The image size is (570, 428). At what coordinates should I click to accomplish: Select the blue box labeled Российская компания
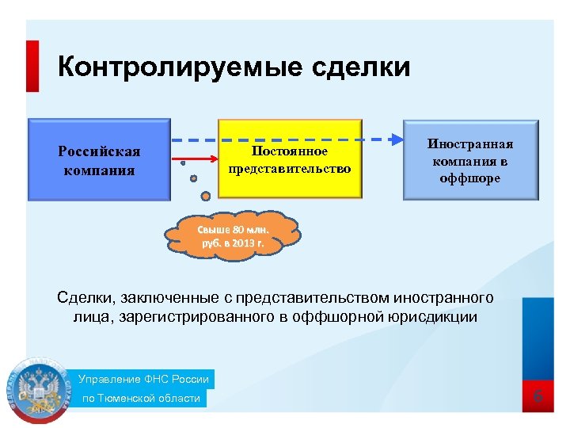click(x=100, y=159)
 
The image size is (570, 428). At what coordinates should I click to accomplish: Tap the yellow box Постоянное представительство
click(x=289, y=159)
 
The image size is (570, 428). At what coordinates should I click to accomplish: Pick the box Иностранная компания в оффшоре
click(x=470, y=160)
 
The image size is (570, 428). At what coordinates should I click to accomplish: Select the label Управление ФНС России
click(x=143, y=380)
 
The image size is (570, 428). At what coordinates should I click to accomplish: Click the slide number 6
click(x=538, y=396)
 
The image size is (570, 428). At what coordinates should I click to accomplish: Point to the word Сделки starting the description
click(x=85, y=298)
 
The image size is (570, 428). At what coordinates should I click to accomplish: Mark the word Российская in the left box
click(x=100, y=151)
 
